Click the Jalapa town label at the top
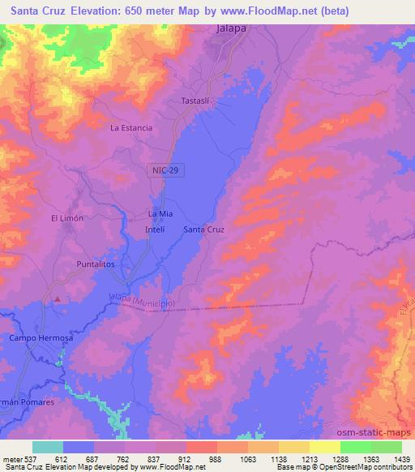[232, 28]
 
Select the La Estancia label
[131, 127]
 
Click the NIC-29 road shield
[165, 169]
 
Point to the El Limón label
[67, 218]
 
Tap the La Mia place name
[160, 213]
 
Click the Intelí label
[154, 230]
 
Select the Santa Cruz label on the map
[203, 230]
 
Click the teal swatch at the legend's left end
[48, 447]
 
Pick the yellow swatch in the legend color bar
[324, 447]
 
